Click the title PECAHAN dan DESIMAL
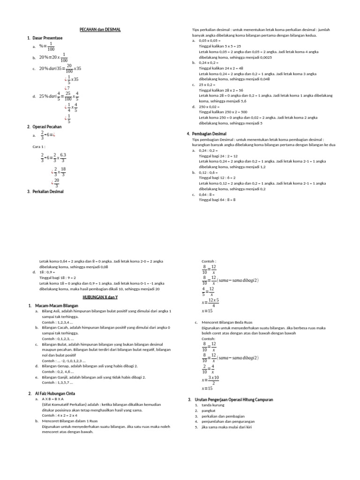100,30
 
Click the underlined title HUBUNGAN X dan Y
100,297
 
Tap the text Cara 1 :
40,147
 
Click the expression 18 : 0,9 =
47,272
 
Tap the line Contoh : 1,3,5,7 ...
57,382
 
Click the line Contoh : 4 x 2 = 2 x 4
60,415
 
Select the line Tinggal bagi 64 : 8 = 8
217,200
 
